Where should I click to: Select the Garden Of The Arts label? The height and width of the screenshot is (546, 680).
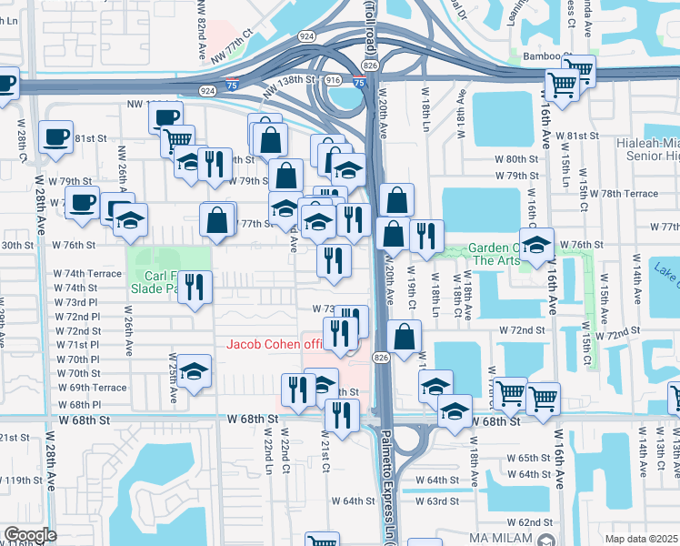click(495, 254)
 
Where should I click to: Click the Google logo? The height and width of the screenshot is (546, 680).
click(29, 535)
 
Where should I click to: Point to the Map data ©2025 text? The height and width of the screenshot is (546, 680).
click(641, 539)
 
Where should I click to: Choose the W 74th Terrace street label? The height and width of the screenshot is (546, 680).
click(86, 273)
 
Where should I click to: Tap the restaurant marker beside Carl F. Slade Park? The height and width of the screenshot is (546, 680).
click(195, 287)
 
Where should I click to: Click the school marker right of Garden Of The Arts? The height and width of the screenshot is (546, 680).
click(537, 244)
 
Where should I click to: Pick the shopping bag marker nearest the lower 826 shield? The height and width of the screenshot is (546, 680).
click(405, 335)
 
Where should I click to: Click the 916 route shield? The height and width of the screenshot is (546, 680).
click(333, 80)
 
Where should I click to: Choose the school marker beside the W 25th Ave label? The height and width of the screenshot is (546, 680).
click(195, 371)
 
